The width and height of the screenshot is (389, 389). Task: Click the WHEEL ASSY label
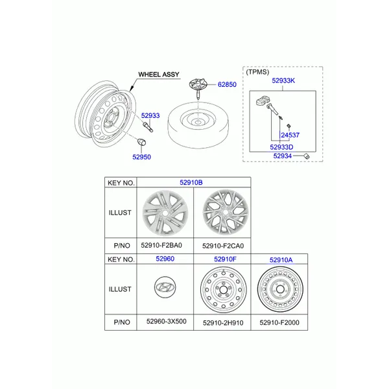tap(159, 75)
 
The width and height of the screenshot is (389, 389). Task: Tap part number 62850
tap(227, 84)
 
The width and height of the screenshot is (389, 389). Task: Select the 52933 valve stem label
tap(150, 115)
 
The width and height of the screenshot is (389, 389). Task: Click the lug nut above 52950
tap(141, 143)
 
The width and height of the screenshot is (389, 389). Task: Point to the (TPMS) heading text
tap(257, 72)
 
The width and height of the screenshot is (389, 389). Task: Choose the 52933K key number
tap(283, 80)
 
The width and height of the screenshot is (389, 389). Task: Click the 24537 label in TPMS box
tap(290, 136)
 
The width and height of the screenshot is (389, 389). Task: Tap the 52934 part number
tap(282, 156)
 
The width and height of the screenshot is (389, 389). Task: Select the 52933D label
tap(281, 147)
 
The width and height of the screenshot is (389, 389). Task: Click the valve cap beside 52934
tap(307, 156)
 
